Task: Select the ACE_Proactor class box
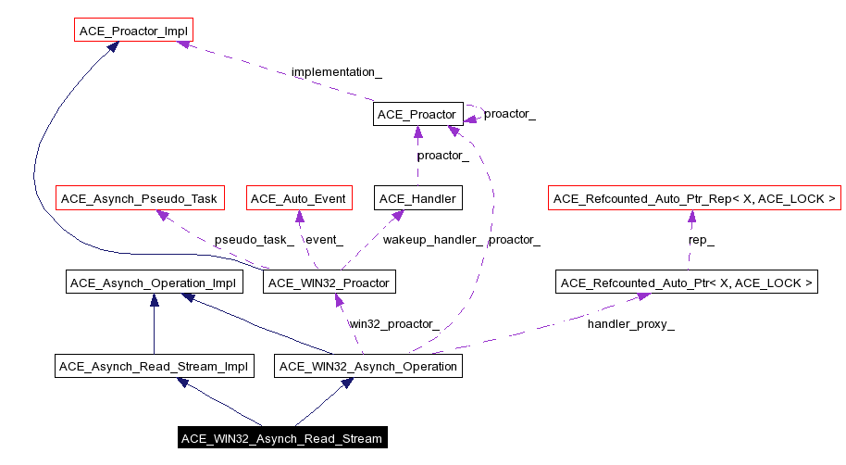tap(417, 115)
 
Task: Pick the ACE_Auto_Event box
tap(298, 198)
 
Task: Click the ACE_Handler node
tap(417, 198)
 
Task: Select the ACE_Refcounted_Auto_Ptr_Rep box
tap(694, 198)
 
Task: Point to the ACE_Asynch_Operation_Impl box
tap(155, 283)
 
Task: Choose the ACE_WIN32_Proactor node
tap(330, 283)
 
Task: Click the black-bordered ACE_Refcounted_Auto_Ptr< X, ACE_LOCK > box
tap(687, 283)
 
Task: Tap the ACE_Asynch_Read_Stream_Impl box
tap(154, 367)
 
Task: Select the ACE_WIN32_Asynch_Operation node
tap(368, 367)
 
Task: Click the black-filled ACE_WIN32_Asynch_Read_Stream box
tap(281, 438)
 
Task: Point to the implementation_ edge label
tap(336, 71)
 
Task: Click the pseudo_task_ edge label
tap(254, 240)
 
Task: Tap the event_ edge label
tap(324, 240)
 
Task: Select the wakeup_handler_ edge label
tap(433, 240)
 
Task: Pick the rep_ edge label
tap(701, 240)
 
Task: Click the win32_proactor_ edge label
tap(393, 324)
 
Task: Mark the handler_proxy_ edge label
tap(630, 324)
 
